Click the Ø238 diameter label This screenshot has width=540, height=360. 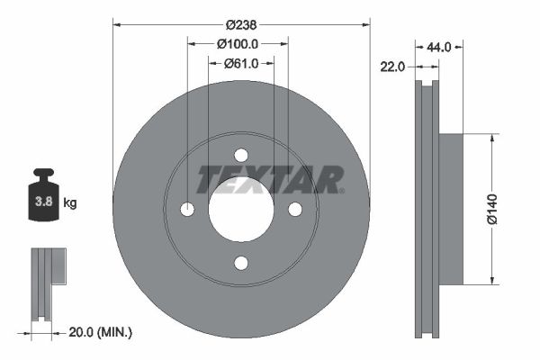point(241,25)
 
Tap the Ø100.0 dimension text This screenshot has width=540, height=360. point(238,44)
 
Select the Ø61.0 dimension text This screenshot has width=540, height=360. point(241,63)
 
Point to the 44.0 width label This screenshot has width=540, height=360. point(439,47)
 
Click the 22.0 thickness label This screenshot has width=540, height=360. point(392,67)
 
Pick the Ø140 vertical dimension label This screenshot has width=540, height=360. point(492,209)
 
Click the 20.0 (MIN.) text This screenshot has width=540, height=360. point(100,332)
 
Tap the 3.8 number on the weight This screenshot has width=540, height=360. point(44,202)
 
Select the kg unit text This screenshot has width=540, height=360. point(70,202)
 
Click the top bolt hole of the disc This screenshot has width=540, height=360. point(241,155)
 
